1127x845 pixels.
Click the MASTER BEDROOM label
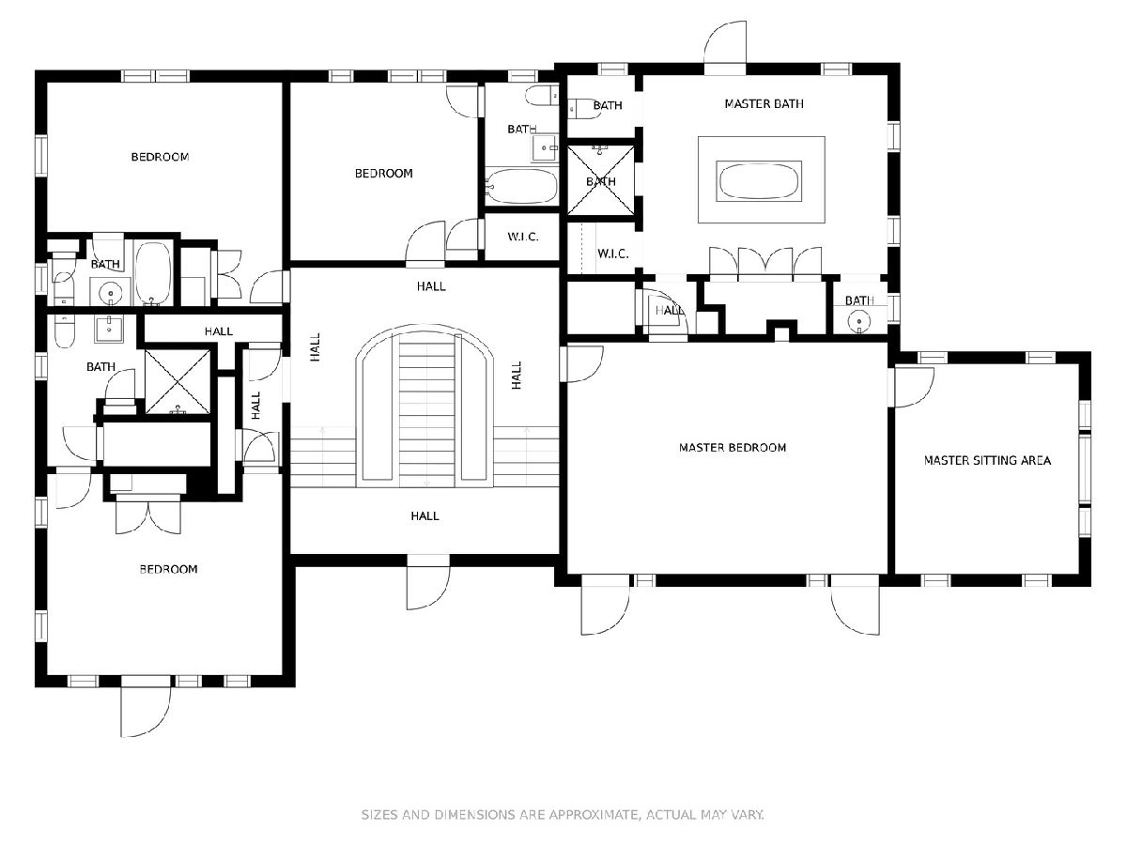(x=733, y=448)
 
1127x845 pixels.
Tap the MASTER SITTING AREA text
(x=987, y=460)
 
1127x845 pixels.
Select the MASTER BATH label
(x=764, y=103)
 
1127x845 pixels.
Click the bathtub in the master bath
(x=759, y=181)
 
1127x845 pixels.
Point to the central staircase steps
(x=426, y=410)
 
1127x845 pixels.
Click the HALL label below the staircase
(x=425, y=515)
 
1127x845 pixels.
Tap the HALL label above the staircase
(x=431, y=285)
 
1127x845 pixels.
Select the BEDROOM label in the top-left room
(x=160, y=157)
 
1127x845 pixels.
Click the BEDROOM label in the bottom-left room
(x=168, y=569)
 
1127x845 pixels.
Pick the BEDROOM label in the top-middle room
(x=383, y=173)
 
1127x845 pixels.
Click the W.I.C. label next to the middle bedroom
(x=523, y=237)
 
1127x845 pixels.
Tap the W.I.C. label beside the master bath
(x=612, y=253)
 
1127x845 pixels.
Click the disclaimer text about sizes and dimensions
(x=563, y=814)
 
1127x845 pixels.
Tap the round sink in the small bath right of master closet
(x=859, y=322)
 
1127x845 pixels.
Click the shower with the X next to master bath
(x=600, y=179)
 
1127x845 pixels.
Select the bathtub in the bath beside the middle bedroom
(x=521, y=186)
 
